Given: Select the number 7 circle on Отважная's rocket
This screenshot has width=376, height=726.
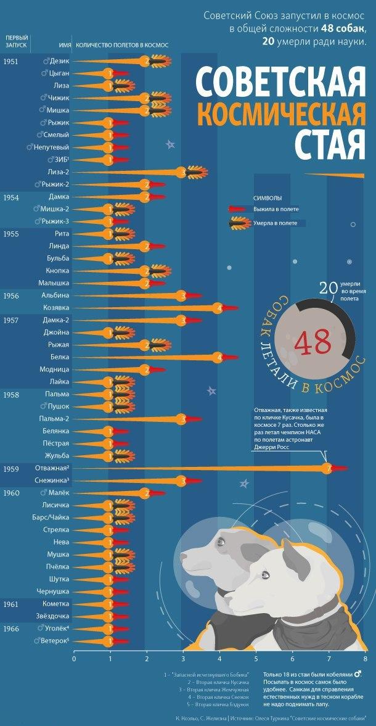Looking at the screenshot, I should coord(329,468).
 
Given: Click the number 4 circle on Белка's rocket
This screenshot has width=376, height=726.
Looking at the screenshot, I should coord(218,357).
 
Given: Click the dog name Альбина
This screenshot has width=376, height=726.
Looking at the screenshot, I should coord(54,295).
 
